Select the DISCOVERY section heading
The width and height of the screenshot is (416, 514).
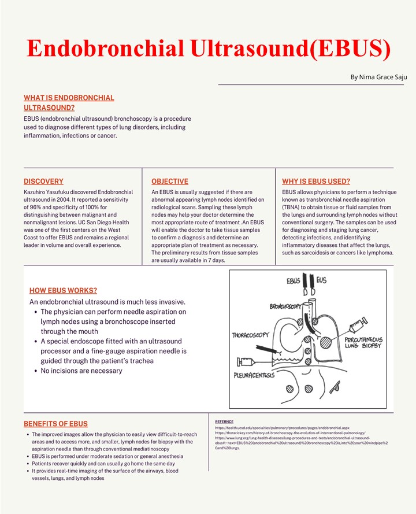(x=43, y=181)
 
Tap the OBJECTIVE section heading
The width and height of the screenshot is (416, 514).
(x=169, y=181)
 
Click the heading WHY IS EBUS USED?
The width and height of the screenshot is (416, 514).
(x=315, y=181)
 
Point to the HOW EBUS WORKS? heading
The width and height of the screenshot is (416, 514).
(x=63, y=290)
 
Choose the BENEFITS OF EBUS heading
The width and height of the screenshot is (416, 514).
(x=55, y=424)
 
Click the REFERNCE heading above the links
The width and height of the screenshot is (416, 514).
(x=225, y=421)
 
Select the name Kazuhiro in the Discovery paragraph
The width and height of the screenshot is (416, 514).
(x=37, y=192)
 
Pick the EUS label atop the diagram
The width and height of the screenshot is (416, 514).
(x=321, y=280)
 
